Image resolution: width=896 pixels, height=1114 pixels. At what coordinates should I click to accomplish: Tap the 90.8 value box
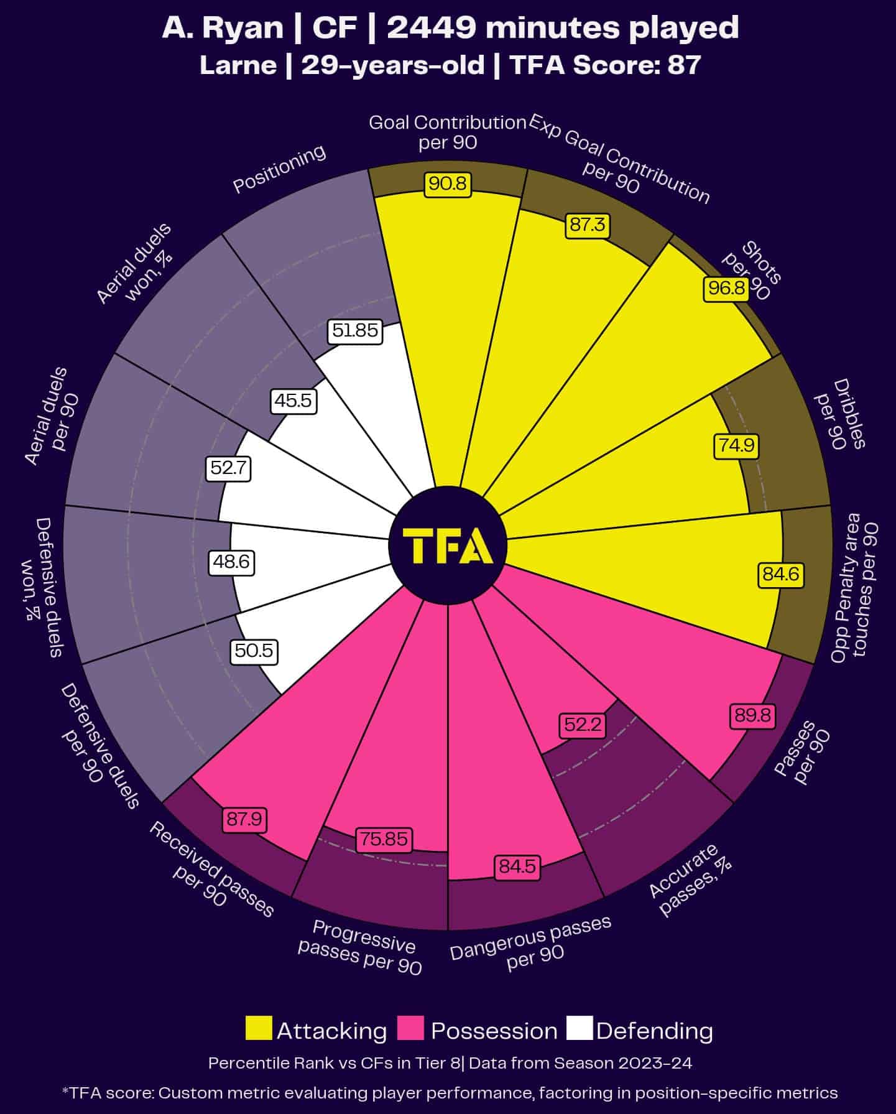[x=448, y=185]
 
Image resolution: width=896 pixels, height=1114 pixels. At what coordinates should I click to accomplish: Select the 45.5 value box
[x=293, y=401]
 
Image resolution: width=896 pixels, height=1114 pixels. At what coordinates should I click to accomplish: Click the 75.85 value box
[x=384, y=839]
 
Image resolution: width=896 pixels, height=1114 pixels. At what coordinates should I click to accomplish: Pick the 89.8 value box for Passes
[x=752, y=716]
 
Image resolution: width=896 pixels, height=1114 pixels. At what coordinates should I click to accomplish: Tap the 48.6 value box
[x=231, y=562]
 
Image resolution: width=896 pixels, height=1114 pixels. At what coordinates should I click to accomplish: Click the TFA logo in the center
[x=448, y=545]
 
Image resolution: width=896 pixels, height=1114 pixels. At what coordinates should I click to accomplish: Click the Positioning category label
[x=279, y=169]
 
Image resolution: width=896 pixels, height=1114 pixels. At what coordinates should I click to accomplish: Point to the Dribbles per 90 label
[x=840, y=414]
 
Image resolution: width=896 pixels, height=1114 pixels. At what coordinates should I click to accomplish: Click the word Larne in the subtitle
[x=238, y=65]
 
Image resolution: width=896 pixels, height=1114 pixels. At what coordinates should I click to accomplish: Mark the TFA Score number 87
[x=684, y=65]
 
